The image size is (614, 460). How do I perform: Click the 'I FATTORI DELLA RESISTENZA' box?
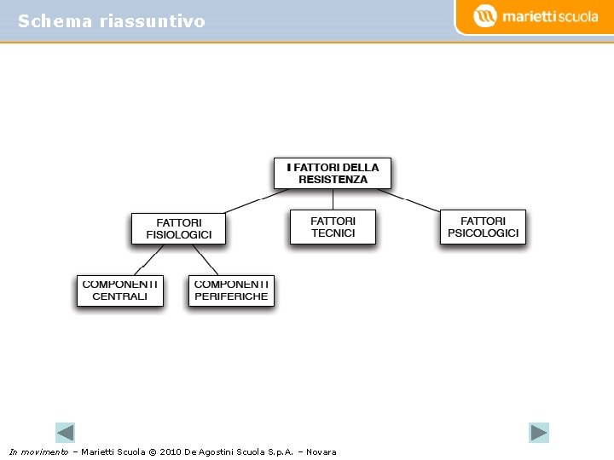tap(333, 173)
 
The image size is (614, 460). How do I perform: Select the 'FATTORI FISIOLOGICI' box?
tap(178, 228)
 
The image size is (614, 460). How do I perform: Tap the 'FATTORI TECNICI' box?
tap(333, 227)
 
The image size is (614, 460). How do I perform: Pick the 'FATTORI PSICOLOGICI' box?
tap(483, 227)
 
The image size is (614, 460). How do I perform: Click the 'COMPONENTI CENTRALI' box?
tap(120, 290)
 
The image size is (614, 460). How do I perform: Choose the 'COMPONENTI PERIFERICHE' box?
tap(231, 290)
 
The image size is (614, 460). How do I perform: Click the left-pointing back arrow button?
tap(65, 433)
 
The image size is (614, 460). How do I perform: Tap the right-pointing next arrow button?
tap(539, 433)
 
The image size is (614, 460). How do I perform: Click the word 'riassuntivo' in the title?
tap(152, 21)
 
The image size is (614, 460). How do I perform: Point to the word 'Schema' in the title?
tap(55, 21)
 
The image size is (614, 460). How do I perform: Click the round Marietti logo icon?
tap(484, 15)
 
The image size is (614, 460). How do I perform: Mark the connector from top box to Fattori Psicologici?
tap(409, 201)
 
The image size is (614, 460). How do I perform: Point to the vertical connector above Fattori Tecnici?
tap(333, 199)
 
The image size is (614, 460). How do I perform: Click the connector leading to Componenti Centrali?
tap(150, 261)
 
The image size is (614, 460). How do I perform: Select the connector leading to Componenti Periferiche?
tap(206, 261)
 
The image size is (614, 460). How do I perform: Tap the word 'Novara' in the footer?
tap(321, 451)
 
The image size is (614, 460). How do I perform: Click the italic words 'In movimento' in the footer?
tap(38, 451)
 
